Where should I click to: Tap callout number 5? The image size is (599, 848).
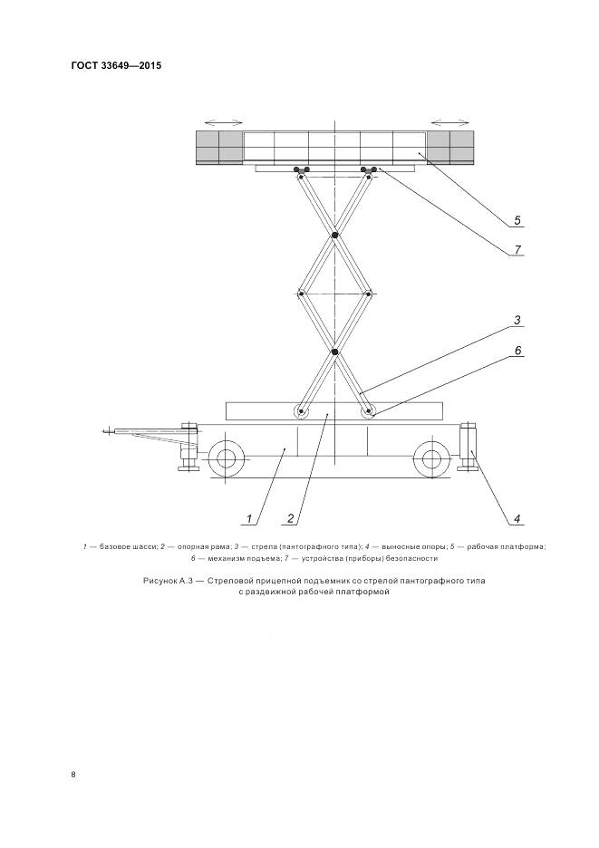[516, 219]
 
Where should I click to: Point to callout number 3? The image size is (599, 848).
[516, 319]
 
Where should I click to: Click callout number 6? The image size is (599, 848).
[516, 350]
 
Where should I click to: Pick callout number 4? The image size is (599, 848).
[516, 519]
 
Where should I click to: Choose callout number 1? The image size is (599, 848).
[246, 519]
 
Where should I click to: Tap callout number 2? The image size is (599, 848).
[289, 519]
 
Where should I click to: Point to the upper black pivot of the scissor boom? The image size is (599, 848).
[334, 236]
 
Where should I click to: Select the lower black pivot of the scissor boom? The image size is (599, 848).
[334, 352]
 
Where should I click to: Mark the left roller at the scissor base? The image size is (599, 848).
[301, 412]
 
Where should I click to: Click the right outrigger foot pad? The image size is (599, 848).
[469, 466]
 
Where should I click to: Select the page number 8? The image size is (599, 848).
[73, 775]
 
